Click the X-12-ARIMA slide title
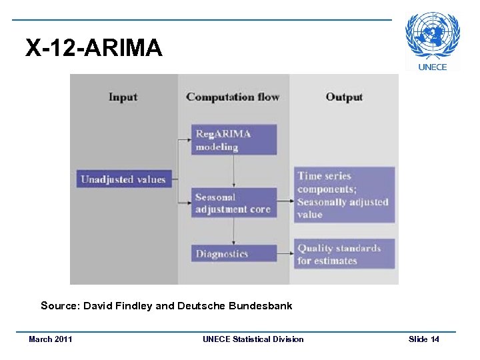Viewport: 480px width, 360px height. [93, 48]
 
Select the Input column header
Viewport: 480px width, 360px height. [123, 97]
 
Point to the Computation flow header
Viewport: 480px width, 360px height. [233, 97]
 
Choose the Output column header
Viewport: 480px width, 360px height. [344, 97]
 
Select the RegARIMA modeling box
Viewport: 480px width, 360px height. [233, 140]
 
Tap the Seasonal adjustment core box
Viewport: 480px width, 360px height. [233, 203]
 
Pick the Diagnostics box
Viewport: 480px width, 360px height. [233, 253]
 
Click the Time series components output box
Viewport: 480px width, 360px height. [344, 195]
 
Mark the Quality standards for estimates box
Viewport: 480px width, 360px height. [344, 254]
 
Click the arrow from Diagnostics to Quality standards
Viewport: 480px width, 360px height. [285, 253]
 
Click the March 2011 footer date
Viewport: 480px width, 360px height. [51, 339]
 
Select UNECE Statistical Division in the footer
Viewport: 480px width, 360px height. [253, 339]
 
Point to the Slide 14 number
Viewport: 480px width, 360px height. [424, 339]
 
